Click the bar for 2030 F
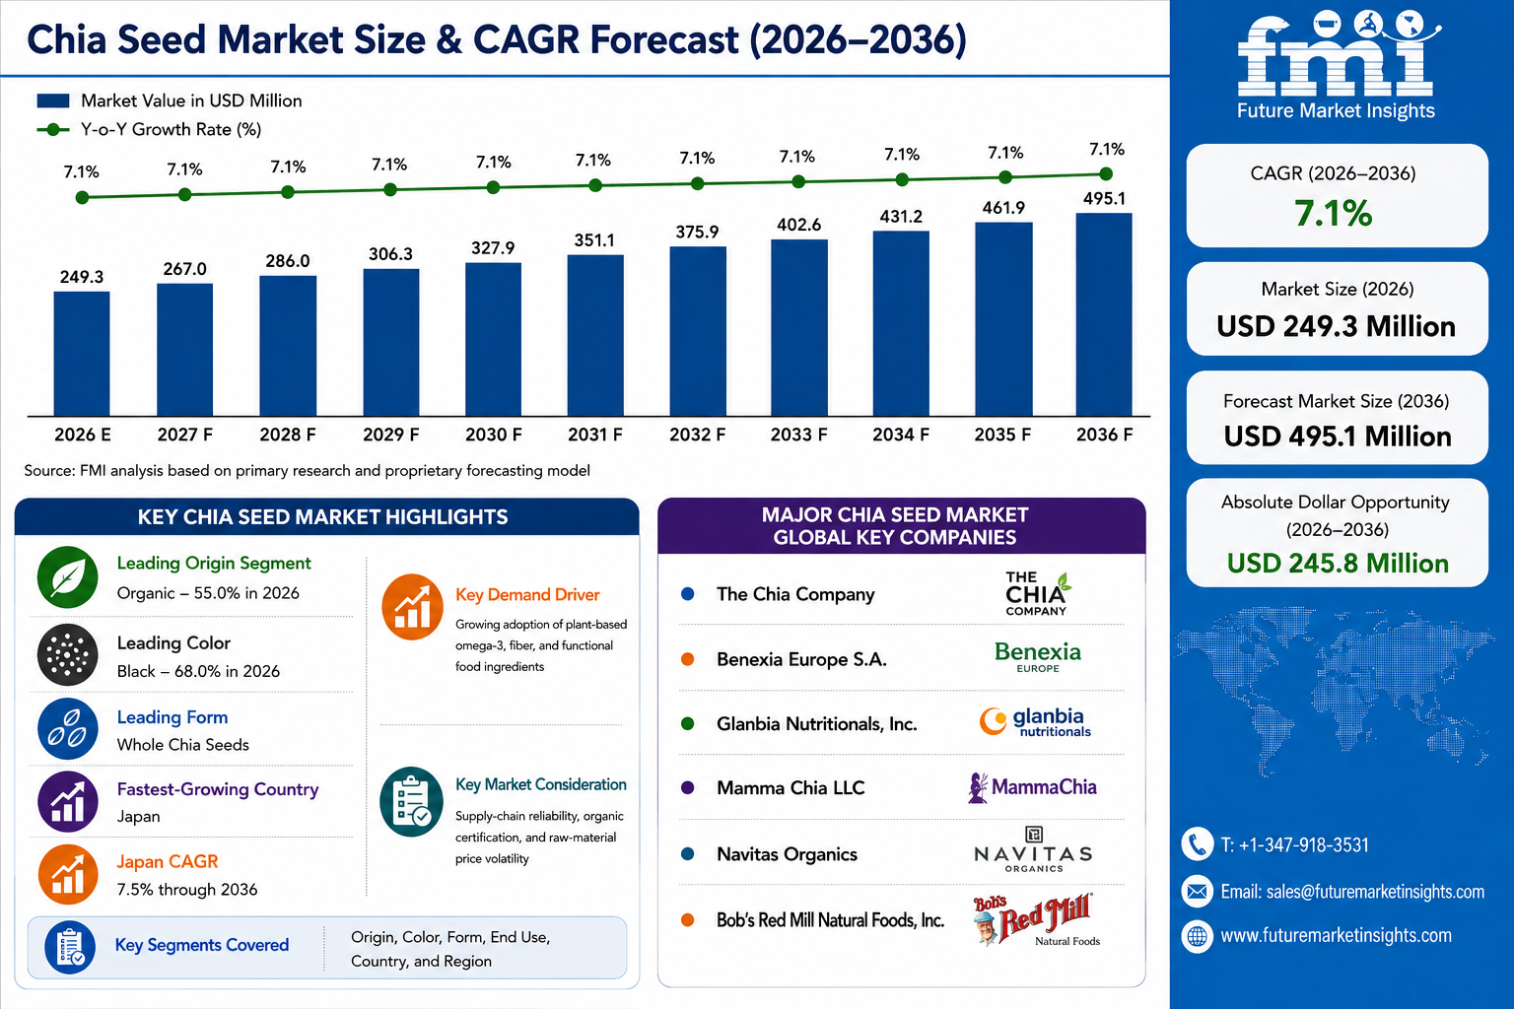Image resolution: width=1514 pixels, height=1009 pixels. pyautogui.click(x=494, y=339)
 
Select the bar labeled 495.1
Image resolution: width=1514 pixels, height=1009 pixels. pyautogui.click(x=1104, y=314)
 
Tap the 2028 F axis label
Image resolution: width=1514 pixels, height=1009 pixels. pyautogui.click(x=288, y=435)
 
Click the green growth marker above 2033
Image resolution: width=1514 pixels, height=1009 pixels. pyautogui.click(x=798, y=181)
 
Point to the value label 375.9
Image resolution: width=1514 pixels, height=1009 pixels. pyautogui.click(x=697, y=232)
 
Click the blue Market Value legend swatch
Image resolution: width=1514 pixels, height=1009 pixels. pyautogui.click(x=52, y=101)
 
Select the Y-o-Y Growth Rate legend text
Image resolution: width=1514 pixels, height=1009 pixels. pyautogui.click(x=171, y=129)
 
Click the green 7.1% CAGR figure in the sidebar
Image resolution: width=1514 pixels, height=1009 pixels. pyautogui.click(x=1334, y=213)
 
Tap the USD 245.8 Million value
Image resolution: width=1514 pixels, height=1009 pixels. pyautogui.click(x=1338, y=563)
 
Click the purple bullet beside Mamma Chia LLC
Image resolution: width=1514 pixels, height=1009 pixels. pyautogui.click(x=687, y=788)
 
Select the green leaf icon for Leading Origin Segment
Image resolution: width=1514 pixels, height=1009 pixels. pyautogui.click(x=68, y=577)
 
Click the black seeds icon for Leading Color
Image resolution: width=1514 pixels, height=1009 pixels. pyautogui.click(x=68, y=655)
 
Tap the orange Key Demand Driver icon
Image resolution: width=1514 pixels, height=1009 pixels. pyautogui.click(x=412, y=607)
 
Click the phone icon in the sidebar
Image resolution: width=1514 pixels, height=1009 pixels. pyautogui.click(x=1197, y=844)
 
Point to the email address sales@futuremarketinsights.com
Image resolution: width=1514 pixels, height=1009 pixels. pyautogui.click(x=1375, y=892)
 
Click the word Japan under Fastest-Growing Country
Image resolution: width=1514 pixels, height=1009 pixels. pyautogui.click(x=139, y=817)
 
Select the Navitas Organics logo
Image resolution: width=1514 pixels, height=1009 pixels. pyautogui.click(x=1033, y=850)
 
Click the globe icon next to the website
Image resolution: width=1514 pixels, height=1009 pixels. pyautogui.click(x=1197, y=937)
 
